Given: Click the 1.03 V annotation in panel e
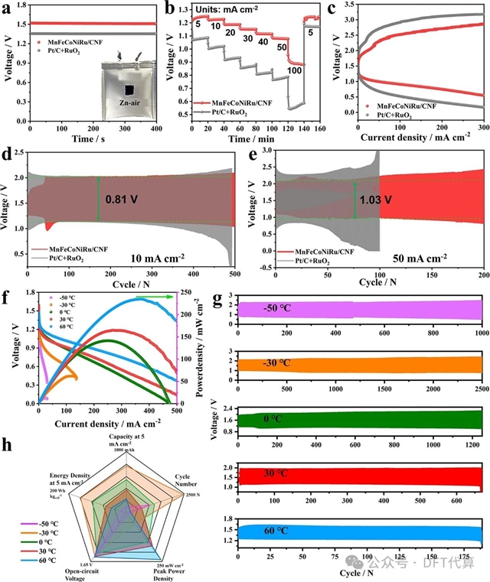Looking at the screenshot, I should [x=376, y=200].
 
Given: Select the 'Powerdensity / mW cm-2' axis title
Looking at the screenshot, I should [x=206, y=347].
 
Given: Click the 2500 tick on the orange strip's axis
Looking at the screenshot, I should [x=483, y=387].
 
